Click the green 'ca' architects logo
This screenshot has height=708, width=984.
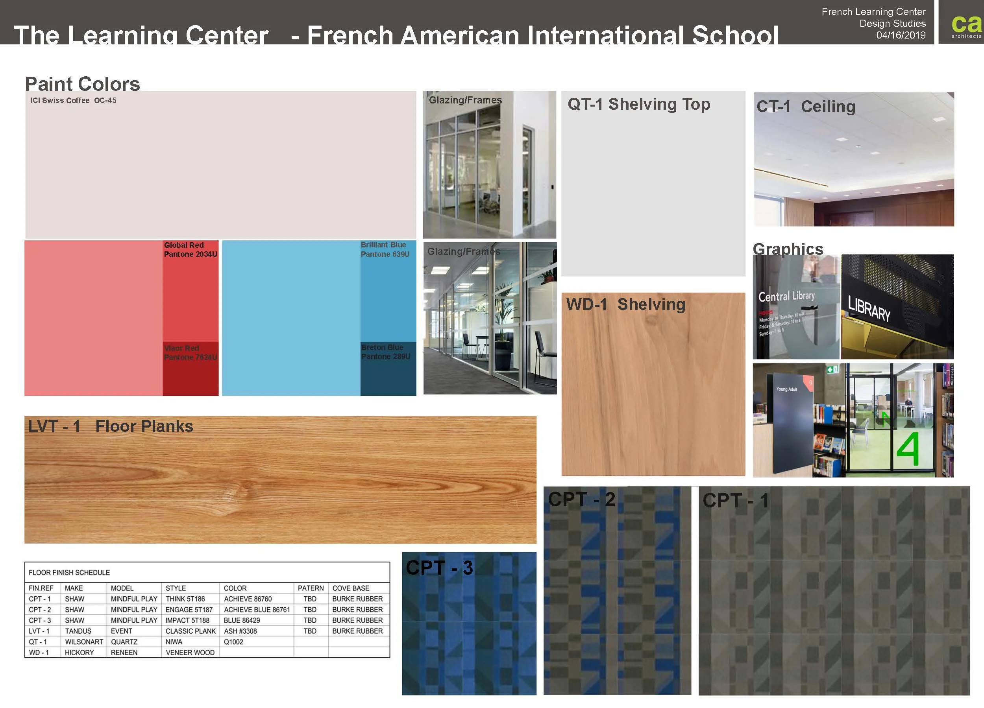point(966,25)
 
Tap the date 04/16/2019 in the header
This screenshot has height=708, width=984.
point(901,35)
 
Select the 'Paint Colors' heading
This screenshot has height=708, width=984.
point(82,84)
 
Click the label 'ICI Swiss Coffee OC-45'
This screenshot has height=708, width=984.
point(73,101)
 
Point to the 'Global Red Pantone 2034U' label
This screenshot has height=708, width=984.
point(190,250)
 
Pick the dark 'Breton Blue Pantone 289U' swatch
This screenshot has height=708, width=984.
point(388,369)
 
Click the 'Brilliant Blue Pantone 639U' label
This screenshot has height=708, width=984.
point(385,250)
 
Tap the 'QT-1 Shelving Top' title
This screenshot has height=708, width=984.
point(639,104)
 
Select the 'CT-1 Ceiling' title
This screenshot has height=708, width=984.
point(806,107)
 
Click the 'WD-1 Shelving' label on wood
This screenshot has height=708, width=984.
point(626,304)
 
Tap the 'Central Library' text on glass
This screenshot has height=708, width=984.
point(786,297)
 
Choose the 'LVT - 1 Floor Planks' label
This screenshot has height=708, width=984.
point(111,426)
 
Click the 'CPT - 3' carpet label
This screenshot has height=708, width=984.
point(439,568)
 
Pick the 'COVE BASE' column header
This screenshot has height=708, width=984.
point(351,588)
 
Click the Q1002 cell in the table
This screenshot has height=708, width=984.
point(233,642)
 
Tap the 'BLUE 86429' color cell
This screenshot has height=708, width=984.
point(242,620)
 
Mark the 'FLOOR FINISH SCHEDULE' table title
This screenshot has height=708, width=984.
point(69,573)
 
